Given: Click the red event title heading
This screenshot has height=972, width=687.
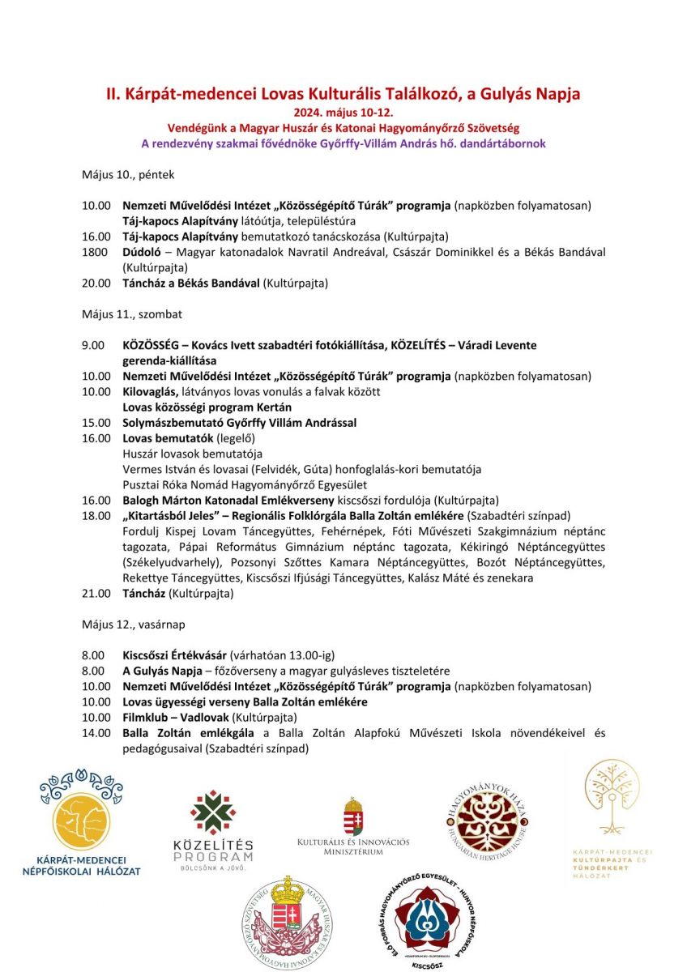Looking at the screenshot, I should tap(343, 94).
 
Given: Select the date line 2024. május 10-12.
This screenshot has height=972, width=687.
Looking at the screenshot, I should tap(343, 113).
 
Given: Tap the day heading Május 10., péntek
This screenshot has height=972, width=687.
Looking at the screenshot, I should tap(128, 174).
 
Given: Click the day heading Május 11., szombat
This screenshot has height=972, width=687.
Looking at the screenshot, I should tap(133, 313).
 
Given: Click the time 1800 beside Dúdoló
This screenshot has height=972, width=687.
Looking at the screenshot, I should tap(96, 252).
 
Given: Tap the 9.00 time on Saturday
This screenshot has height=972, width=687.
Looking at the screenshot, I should tap(93, 345).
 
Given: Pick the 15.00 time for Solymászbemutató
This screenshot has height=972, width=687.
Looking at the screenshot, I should tap(96, 423).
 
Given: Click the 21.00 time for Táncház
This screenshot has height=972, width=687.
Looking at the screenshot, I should tap(96, 594).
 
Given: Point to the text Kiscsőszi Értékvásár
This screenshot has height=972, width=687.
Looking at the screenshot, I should tap(174, 655).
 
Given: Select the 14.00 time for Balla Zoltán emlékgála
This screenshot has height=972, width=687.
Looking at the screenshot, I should tap(96, 733).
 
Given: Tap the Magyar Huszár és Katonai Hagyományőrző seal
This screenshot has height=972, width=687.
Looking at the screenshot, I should tap(290, 920).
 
